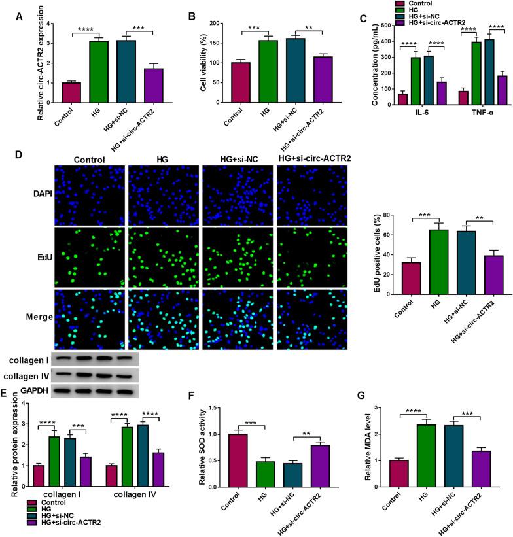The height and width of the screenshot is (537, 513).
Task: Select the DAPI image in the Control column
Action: tap(90, 195)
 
